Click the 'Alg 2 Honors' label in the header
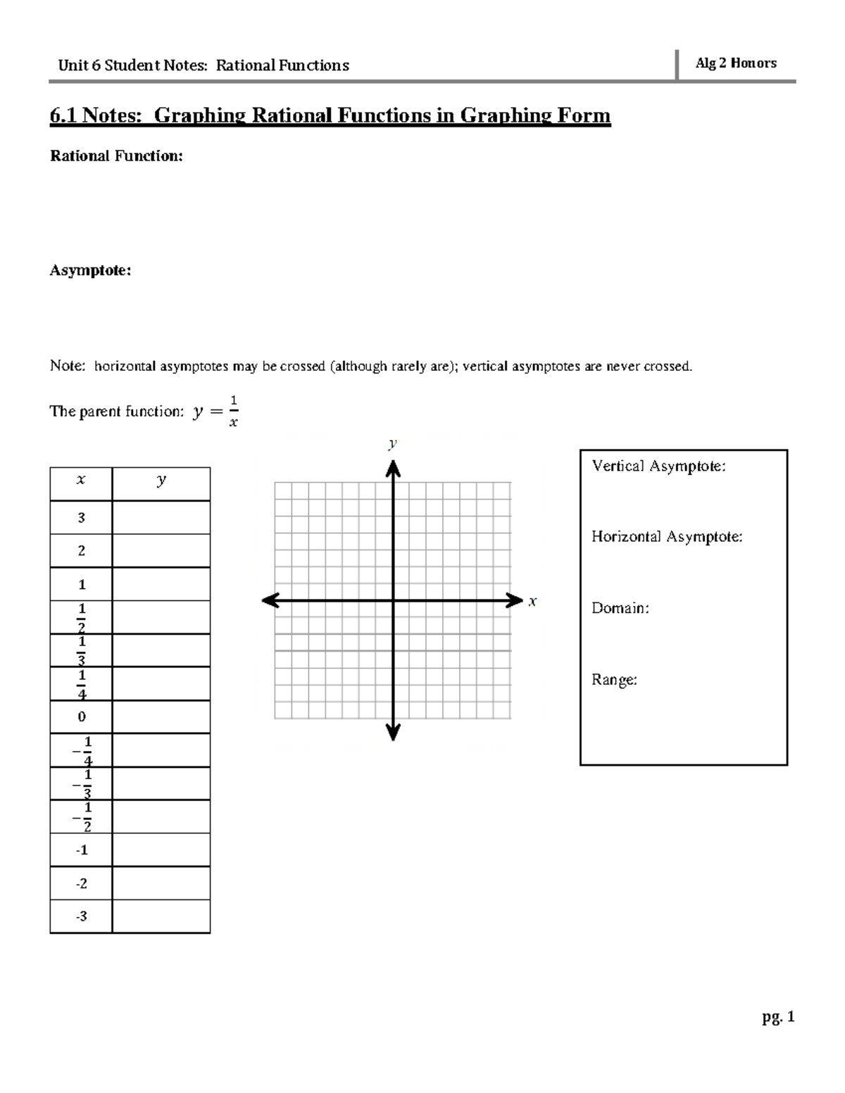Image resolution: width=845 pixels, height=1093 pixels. [x=736, y=63]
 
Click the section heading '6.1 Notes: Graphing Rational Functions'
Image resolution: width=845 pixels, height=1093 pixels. [x=330, y=115]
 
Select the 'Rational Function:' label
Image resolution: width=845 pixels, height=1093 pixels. [x=116, y=156]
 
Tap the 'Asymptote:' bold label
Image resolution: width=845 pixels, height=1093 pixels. [x=90, y=270]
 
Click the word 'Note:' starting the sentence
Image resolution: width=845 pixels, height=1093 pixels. [x=68, y=366]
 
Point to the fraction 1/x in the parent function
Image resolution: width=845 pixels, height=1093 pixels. [x=233, y=412]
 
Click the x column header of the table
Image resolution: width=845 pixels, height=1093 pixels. [x=81, y=481]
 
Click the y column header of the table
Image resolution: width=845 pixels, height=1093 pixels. [x=161, y=481]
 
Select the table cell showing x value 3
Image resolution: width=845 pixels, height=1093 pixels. [x=81, y=518]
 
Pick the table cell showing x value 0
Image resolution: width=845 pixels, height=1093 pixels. [x=81, y=717]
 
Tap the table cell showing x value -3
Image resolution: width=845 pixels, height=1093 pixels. [x=81, y=916]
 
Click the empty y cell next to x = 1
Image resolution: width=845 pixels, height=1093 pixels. [x=161, y=584]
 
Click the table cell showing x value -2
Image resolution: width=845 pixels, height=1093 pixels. [x=81, y=883]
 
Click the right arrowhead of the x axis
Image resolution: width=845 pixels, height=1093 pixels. [x=512, y=601]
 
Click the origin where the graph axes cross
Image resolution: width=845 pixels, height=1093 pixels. [x=393, y=601]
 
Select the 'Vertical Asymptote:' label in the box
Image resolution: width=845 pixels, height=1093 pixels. [x=658, y=466]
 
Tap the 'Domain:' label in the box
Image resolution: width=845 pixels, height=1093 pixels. [x=620, y=608]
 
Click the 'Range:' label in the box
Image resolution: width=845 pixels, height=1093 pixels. [x=614, y=680]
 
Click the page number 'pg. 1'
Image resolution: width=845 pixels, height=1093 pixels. [x=777, y=1017]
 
